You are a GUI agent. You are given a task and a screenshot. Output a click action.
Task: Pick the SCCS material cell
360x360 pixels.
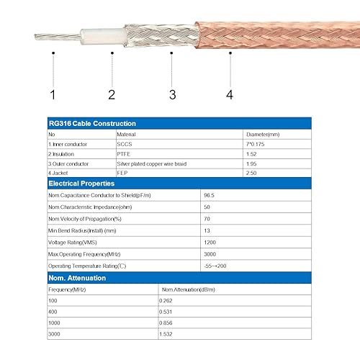125,144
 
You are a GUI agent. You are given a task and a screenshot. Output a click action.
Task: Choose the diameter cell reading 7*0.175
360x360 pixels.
256,144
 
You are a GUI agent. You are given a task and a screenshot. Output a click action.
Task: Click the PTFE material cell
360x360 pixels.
125,154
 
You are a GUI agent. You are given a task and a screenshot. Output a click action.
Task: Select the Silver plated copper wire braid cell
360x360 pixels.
152,164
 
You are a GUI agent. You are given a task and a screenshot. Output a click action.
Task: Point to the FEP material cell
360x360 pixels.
123,174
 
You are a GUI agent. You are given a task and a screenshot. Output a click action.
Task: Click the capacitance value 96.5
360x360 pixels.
210,195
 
